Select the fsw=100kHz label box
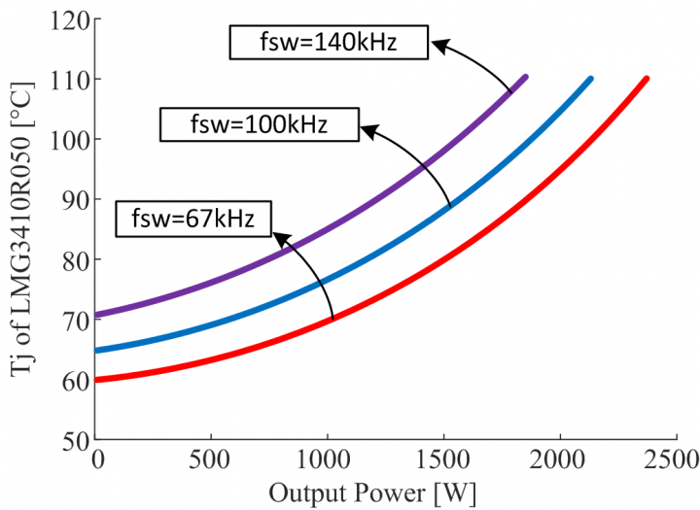(x=257, y=124)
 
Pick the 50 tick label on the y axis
(x=72, y=439)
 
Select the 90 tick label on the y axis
(x=72, y=199)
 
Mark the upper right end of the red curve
(x=646, y=79)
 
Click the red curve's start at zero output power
(x=96, y=380)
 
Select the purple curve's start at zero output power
(x=96, y=315)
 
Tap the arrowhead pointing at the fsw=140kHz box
(x=437, y=44)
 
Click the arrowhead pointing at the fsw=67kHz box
(x=278, y=234)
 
